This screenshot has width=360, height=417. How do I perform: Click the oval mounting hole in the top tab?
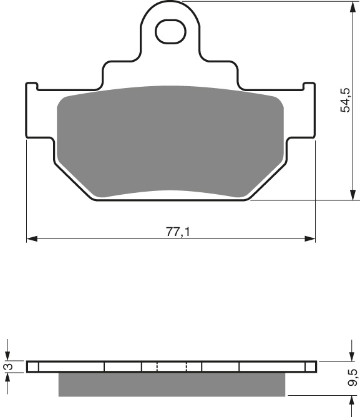(x=170, y=32)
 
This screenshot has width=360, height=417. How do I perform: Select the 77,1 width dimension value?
(x=177, y=232)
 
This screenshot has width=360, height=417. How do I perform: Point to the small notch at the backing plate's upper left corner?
(x=32, y=86)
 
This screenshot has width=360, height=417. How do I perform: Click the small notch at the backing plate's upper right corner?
(x=307, y=86)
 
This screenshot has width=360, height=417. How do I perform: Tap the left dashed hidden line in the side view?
(x=157, y=366)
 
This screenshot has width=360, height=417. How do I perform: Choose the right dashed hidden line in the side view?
(x=187, y=366)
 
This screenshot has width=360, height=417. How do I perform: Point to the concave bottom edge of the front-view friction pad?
(x=168, y=191)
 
